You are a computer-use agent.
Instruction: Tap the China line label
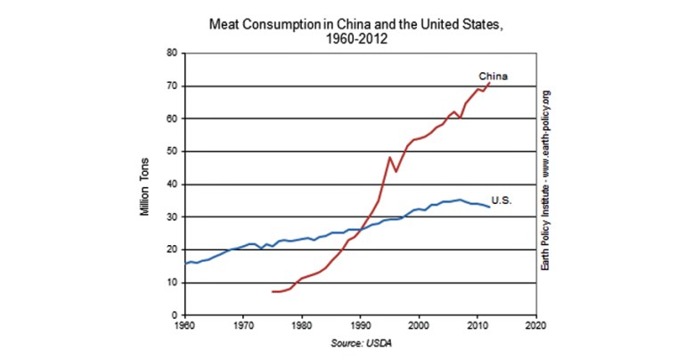pyautogui.click(x=493, y=75)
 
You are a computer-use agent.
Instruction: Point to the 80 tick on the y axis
pyautogui.click(x=173, y=53)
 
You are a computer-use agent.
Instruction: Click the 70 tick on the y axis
pyautogui.click(x=173, y=86)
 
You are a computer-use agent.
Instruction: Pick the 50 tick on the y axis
pyautogui.click(x=173, y=151)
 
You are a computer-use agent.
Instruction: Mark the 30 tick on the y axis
pyautogui.click(x=173, y=217)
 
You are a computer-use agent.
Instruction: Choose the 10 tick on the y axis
pyautogui.click(x=173, y=282)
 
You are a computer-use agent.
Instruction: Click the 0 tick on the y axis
pyautogui.click(x=176, y=315)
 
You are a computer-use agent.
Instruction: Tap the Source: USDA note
pyautogui.click(x=361, y=343)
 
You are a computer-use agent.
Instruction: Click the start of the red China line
pyautogui.click(x=273, y=291)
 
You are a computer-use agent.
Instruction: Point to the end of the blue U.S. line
pyautogui.click(x=489, y=207)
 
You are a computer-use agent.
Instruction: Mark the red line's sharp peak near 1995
pyautogui.click(x=389, y=157)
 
